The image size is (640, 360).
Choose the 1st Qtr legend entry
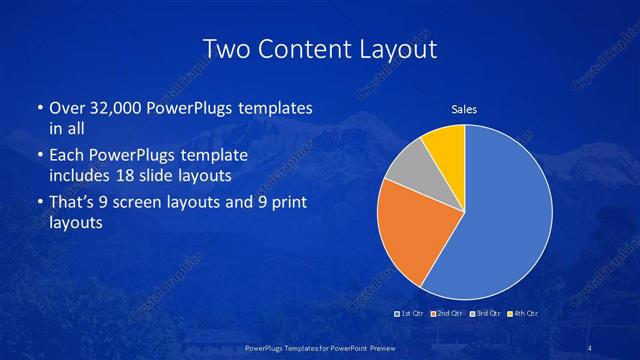tap(411, 314)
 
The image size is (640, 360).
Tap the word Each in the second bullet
tap(68, 157)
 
